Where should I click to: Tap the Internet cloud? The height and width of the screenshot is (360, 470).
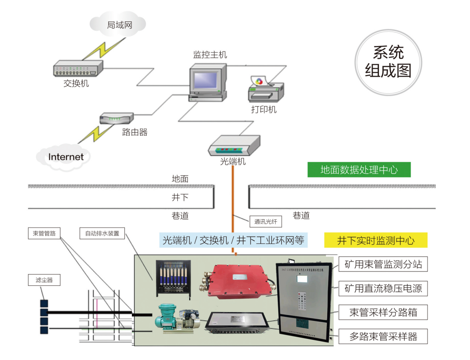pos(66,157)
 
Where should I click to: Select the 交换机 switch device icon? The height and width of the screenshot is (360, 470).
pos(78,68)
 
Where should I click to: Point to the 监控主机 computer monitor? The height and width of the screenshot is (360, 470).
pos(207,82)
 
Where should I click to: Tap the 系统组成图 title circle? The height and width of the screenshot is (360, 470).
pos(388,62)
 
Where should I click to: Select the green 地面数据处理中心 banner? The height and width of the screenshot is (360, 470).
pos(359,170)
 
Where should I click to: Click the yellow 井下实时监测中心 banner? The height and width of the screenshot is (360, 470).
pos(375,240)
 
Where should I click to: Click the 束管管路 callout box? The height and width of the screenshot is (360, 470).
pos(44,233)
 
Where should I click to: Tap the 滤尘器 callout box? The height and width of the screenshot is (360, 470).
pos(44,280)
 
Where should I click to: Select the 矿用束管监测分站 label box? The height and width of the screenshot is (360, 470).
pos(383,264)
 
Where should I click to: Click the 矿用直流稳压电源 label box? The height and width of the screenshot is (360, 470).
pos(383,289)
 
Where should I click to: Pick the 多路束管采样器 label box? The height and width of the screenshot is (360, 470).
pos(383,337)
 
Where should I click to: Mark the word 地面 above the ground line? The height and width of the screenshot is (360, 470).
pos(180,178)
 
